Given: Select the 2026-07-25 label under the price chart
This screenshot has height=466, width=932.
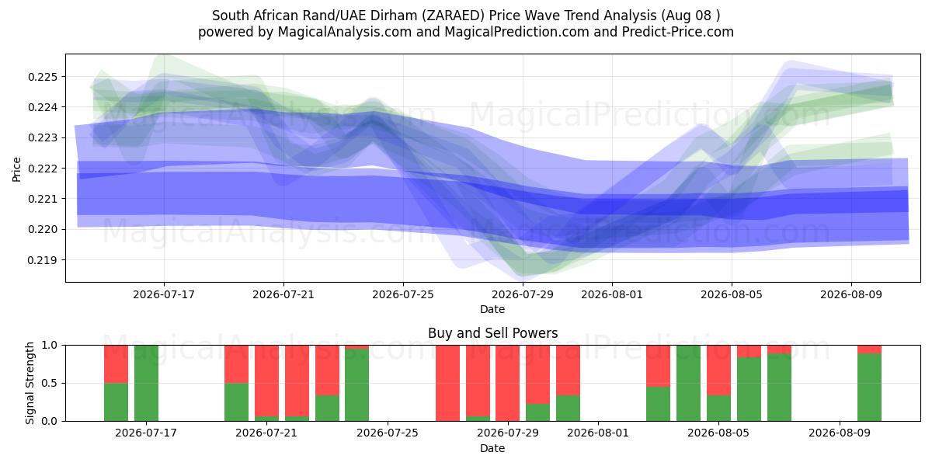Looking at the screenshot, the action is click(403, 294).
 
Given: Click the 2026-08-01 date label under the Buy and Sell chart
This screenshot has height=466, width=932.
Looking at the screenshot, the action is click(598, 433).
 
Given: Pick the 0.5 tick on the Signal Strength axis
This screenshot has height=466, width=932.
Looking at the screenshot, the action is click(50, 383).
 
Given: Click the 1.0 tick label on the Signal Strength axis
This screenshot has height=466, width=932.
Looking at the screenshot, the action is click(50, 346).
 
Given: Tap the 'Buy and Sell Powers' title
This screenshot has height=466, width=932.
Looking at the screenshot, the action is click(492, 333).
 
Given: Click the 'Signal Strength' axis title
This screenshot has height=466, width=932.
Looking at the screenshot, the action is click(30, 383).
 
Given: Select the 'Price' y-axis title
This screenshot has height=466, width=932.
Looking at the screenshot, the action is click(16, 169).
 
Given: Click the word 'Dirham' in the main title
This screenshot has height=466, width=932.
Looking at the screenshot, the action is click(397, 16).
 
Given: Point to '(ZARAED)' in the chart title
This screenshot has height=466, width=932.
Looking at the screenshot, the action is click(453, 16).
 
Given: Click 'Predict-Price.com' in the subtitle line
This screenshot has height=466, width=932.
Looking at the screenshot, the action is click(678, 32).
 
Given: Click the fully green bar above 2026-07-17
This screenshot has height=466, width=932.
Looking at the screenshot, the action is click(146, 383).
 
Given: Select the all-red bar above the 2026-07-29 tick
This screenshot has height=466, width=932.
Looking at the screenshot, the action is click(508, 383).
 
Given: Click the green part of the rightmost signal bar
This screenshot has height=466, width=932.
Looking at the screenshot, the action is click(869, 388).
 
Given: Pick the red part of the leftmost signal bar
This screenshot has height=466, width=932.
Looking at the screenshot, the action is click(116, 364).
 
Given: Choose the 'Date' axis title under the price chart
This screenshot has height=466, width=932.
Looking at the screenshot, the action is click(492, 309).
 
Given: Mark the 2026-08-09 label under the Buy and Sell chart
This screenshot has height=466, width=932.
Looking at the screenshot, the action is click(840, 433).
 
